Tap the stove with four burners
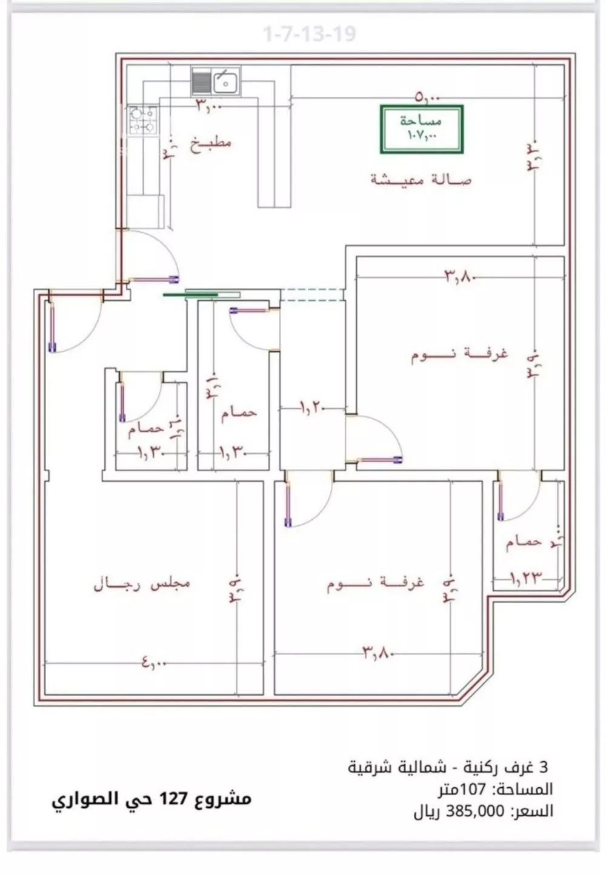point(142,119)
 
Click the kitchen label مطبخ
point(210,144)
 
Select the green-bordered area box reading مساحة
point(422,129)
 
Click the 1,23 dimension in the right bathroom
point(525,578)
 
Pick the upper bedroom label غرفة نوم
point(459,354)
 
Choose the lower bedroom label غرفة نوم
point(376,583)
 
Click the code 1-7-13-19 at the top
point(309,34)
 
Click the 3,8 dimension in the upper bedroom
point(462,277)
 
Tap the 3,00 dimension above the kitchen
point(209,106)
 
